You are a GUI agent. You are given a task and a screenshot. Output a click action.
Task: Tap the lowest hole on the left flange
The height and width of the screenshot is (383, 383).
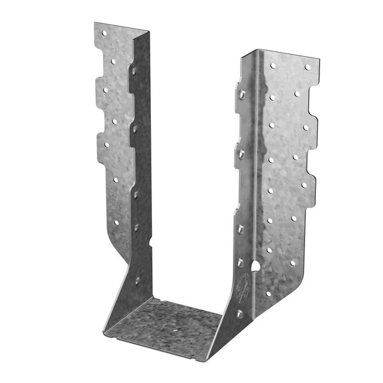click(x=116, y=222)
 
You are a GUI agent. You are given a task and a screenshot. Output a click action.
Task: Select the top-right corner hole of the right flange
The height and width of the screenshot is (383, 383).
click(x=308, y=68)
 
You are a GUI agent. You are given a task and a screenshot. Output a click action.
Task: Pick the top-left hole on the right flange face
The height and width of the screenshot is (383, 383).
click(x=273, y=65)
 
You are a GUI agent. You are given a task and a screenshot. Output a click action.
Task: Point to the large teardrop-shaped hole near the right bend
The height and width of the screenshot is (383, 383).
click(x=256, y=265)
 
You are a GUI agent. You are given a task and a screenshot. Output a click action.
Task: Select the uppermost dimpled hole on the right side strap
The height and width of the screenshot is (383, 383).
click(x=242, y=94)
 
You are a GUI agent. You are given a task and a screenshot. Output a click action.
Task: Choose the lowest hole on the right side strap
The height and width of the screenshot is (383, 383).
click(x=239, y=313)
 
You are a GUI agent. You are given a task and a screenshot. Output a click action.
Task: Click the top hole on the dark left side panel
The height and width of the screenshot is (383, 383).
click(x=133, y=70)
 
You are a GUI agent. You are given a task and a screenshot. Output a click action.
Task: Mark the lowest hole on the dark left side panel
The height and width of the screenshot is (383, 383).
click(x=137, y=279)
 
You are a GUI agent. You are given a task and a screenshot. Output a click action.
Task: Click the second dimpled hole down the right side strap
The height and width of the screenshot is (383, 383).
click(x=241, y=154)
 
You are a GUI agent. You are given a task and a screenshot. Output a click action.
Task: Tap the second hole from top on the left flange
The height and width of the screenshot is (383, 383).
click(x=113, y=61)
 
